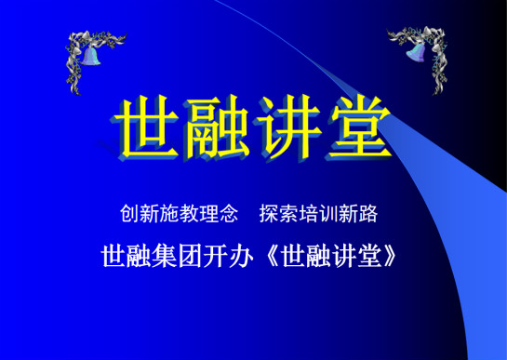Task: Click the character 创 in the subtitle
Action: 130,214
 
